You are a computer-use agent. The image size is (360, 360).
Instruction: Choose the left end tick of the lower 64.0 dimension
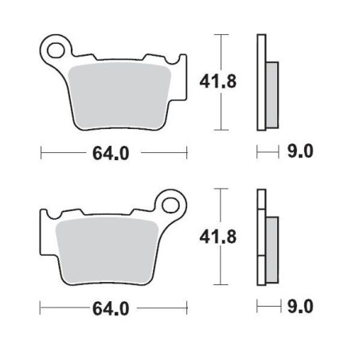click(x=41, y=307)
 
